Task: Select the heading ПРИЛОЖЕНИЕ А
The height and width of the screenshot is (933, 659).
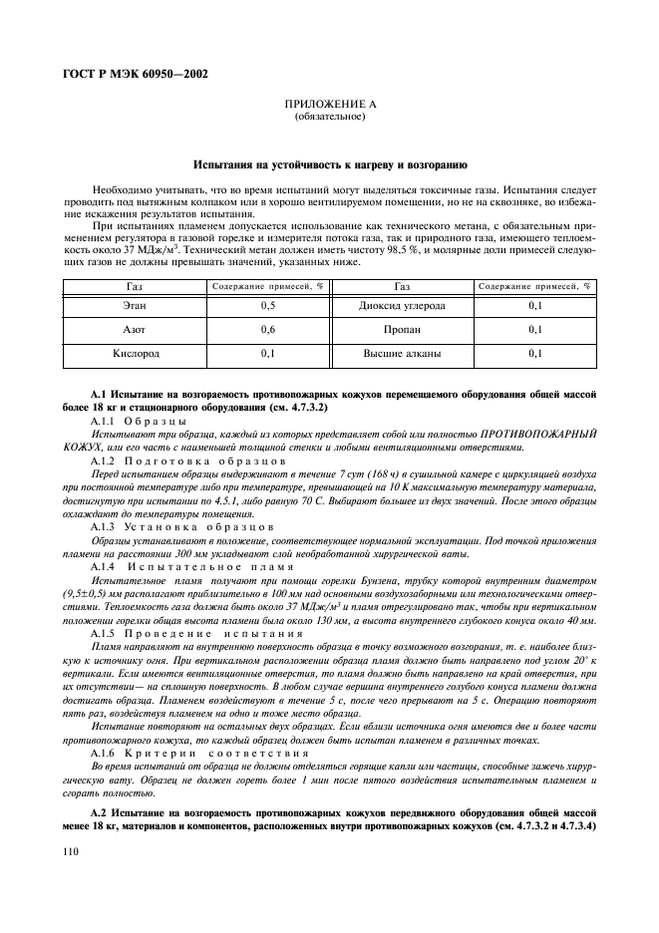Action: [x=329, y=104]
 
